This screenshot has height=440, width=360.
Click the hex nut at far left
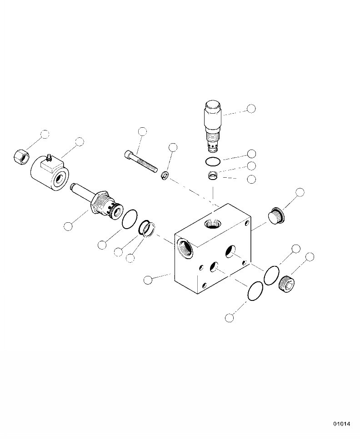pos(21,156)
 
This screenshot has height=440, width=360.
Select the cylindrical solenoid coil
pos(50,174)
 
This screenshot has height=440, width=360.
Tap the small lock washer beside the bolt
pos(166,175)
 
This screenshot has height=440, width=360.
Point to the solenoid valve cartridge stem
pos(97,201)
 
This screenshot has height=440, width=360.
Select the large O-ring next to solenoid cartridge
pos(130,219)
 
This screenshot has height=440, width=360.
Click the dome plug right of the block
pos(276,216)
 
